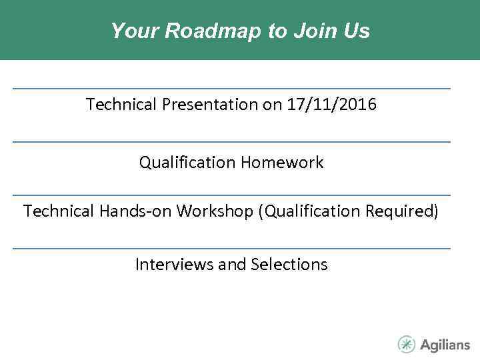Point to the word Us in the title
tap(356, 31)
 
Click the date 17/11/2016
tap(331, 105)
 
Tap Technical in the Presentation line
tap(121, 105)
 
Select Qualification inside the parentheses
tap(312, 211)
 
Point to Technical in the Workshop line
tap(59, 211)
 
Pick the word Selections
tap(289, 265)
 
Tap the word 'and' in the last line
tap(232, 265)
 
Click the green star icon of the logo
tap(407, 344)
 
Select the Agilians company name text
tap(445, 345)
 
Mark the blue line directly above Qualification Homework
tap(231, 141)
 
